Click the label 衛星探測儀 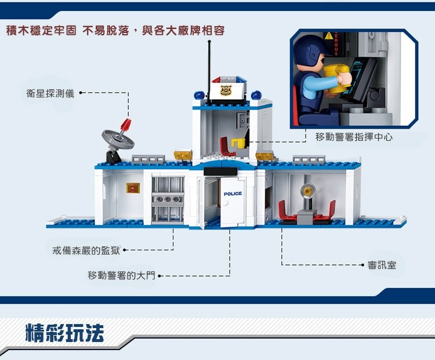(x=50, y=93)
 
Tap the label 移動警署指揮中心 (x=354, y=137)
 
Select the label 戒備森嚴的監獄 (x=86, y=250)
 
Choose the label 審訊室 (x=382, y=266)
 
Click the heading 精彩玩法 (x=65, y=334)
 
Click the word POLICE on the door (x=233, y=194)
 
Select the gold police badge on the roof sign (x=225, y=90)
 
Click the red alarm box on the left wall (x=133, y=188)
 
